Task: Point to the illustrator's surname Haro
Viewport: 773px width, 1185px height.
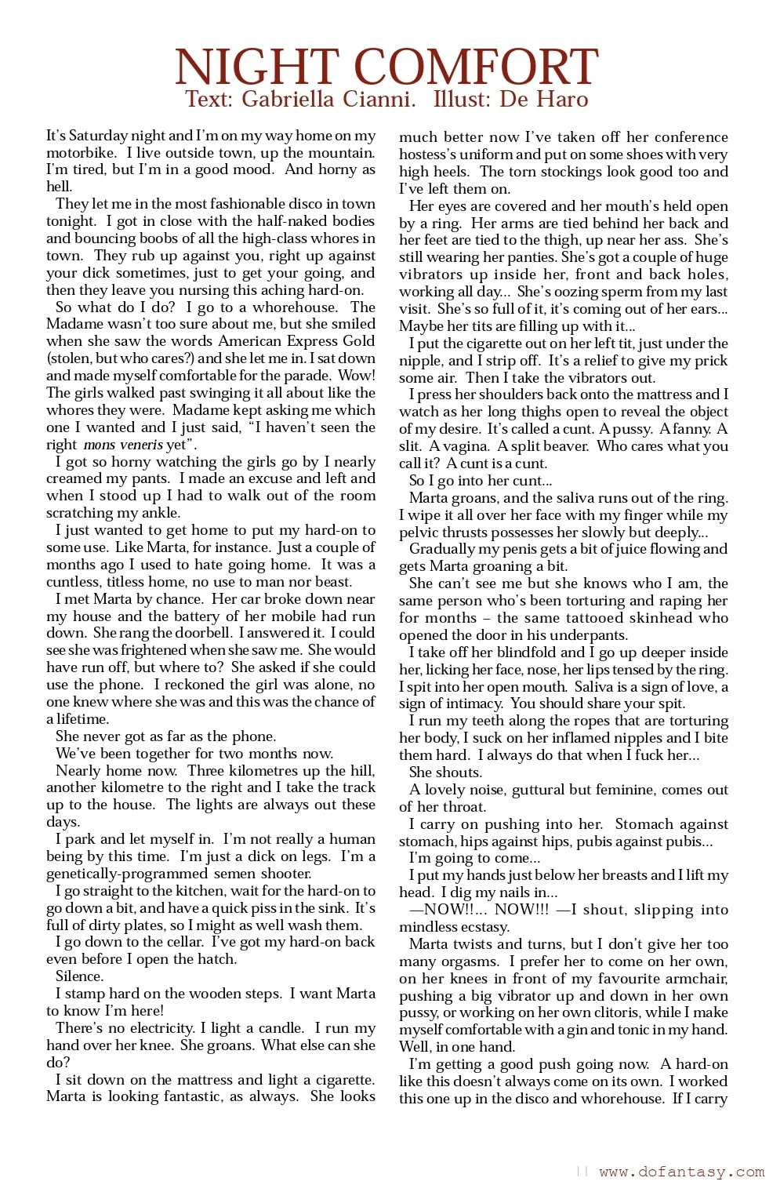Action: (561, 100)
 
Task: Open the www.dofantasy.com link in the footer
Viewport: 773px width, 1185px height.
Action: (681, 1172)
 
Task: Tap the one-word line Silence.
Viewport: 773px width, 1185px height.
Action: (79, 976)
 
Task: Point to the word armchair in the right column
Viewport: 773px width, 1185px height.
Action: (695, 978)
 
